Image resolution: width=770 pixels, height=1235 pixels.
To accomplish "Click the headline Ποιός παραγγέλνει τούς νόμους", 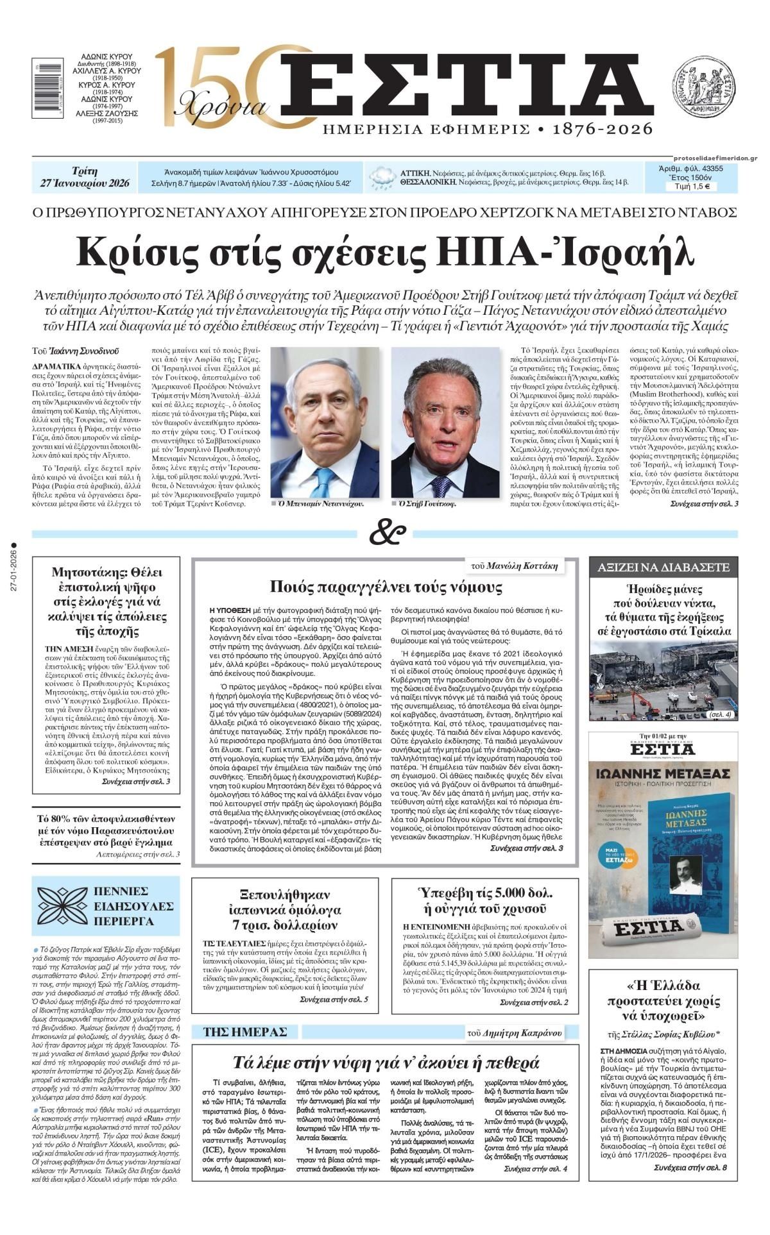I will point(386,587).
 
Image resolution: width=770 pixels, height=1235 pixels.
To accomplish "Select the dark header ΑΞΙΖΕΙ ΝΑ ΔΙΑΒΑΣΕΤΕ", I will point(663,567).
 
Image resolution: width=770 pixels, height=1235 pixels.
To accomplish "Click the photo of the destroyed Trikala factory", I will point(663,682).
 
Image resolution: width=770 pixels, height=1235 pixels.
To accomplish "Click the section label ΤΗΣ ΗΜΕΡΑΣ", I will point(244,1032).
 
